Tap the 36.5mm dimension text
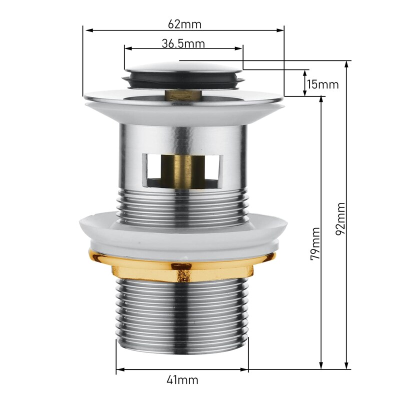point(183,43)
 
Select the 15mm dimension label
point(322,84)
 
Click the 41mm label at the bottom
point(182,380)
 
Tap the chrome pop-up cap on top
point(182,66)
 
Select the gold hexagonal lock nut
point(182,270)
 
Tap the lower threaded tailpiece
point(182,315)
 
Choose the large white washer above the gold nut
point(182,235)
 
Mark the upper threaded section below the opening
point(182,207)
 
